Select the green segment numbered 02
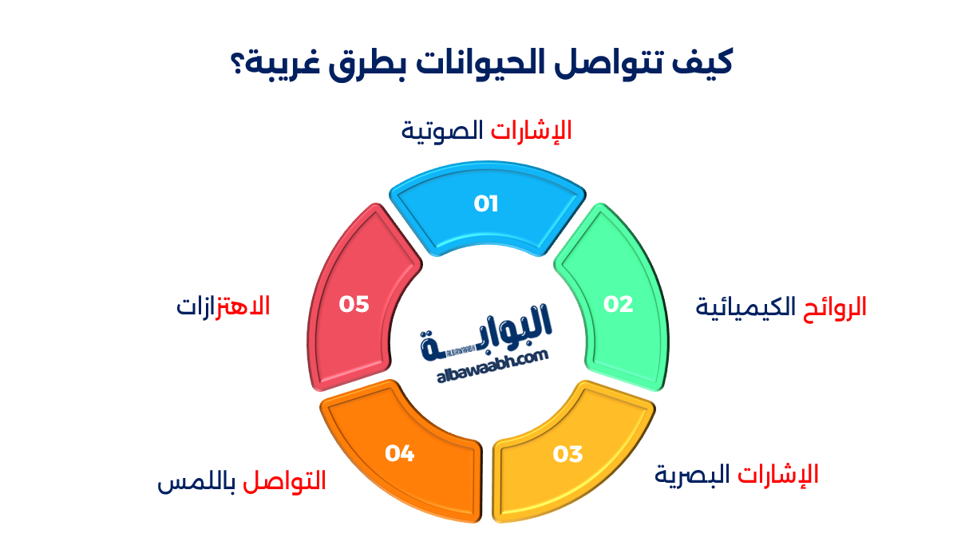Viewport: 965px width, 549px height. click(x=617, y=304)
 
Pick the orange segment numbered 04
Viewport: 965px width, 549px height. click(x=400, y=453)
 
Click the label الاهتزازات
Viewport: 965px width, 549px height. click(x=223, y=306)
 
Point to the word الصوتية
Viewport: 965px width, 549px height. click(x=443, y=130)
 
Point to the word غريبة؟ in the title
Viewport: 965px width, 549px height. click(x=272, y=63)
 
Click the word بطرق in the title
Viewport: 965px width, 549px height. click(x=366, y=63)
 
